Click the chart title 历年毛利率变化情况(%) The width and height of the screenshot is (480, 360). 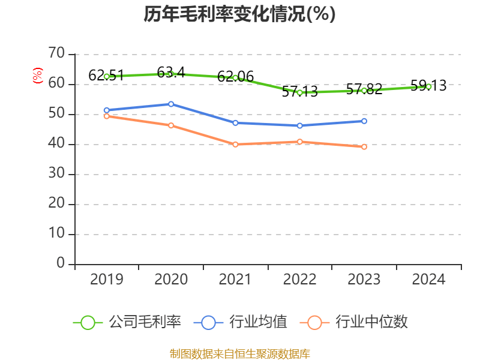pos(239,14)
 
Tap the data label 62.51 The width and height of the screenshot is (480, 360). pos(106,76)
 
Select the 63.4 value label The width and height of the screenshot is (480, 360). pos(171,73)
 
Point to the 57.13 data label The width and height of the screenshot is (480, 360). pos(299,92)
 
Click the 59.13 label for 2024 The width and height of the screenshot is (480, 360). pos(428,86)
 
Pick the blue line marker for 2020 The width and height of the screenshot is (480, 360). pos(171,104)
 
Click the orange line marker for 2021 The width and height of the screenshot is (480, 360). pos(235,145)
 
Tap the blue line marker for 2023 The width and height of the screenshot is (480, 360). pos(364,121)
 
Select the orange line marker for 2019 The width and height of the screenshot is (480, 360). pos(106,116)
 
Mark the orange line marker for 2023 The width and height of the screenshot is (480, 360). pos(364,146)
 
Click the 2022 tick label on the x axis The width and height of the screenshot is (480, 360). pos(299,280)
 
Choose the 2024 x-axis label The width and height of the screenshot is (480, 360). pos(428,280)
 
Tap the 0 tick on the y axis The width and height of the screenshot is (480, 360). pos(60,263)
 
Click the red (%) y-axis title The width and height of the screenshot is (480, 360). pos(38,76)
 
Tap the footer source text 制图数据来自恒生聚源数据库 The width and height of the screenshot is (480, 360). pos(239,353)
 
